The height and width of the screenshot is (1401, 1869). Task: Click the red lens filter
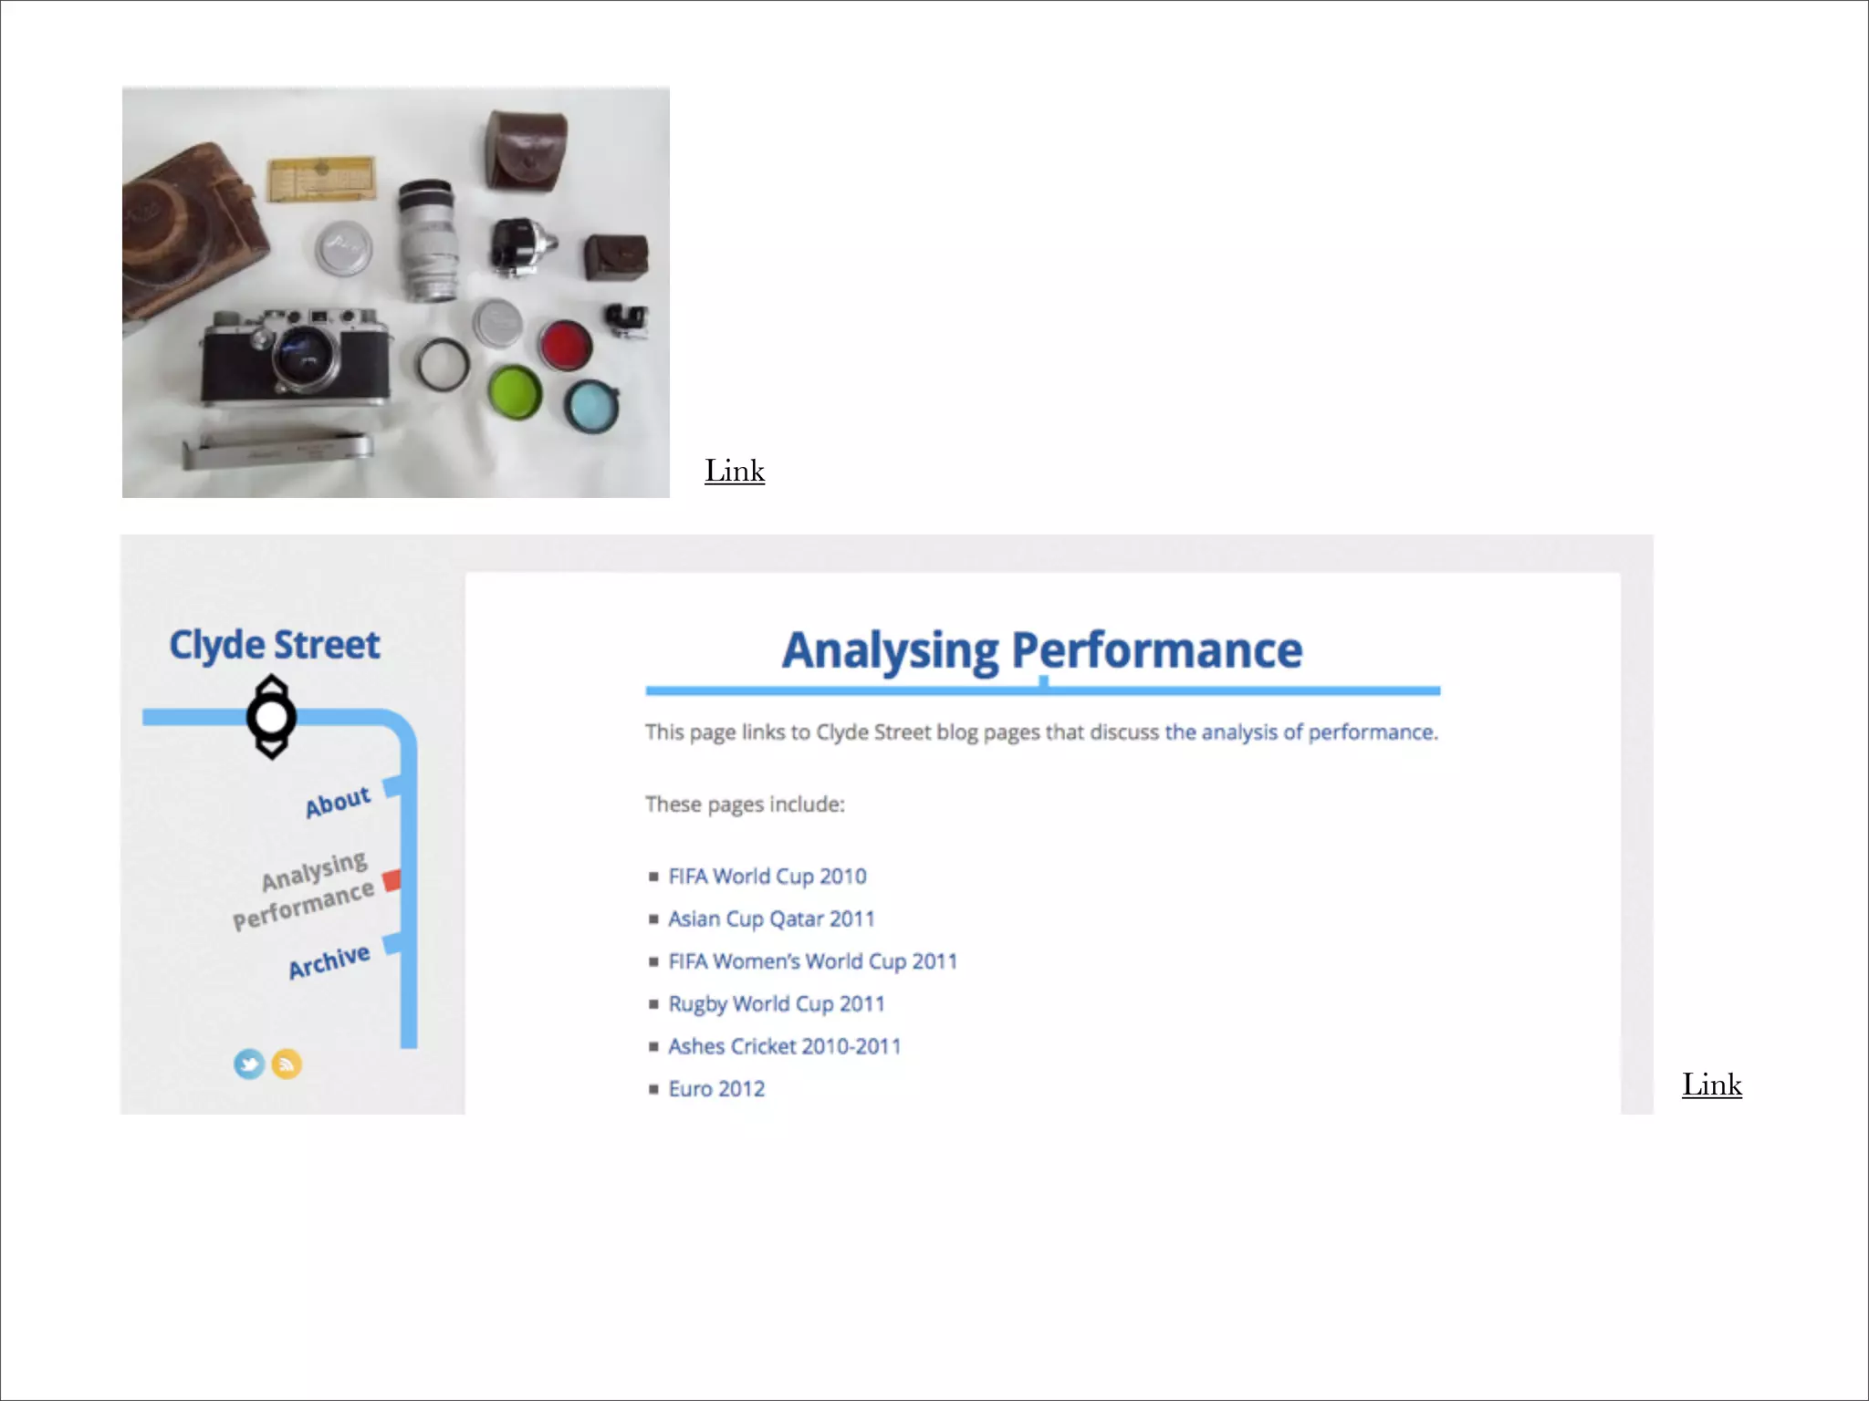(x=566, y=346)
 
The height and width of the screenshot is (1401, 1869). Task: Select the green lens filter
(x=515, y=392)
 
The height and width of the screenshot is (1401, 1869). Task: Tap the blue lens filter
(x=591, y=406)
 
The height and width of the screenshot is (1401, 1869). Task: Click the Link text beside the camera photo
(x=735, y=471)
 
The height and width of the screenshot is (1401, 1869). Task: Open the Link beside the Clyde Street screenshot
(x=1712, y=1084)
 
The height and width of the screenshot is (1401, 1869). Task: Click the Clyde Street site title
(x=275, y=645)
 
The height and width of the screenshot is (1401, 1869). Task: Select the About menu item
(x=338, y=802)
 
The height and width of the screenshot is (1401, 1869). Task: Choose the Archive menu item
(x=329, y=961)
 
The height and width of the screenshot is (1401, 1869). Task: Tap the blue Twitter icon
(x=249, y=1064)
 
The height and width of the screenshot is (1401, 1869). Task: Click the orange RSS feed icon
(x=287, y=1064)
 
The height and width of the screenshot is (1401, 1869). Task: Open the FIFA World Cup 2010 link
(x=767, y=877)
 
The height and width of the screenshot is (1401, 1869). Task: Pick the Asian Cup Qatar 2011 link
(x=771, y=918)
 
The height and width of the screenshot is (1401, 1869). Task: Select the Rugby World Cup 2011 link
(x=777, y=1004)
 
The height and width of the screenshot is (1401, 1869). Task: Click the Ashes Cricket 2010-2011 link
(x=784, y=1046)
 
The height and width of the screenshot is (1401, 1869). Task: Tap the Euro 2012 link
(x=716, y=1089)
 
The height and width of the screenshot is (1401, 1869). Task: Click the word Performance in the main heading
(x=1156, y=650)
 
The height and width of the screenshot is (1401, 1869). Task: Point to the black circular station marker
(x=271, y=717)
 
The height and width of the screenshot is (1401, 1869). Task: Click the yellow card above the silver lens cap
(x=321, y=178)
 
